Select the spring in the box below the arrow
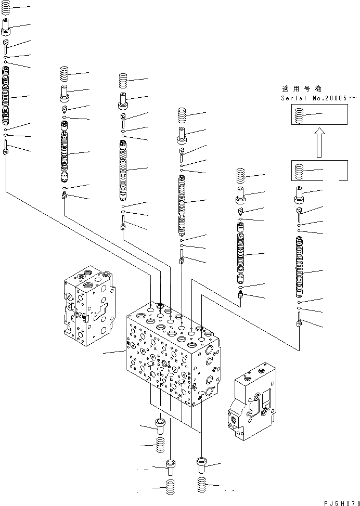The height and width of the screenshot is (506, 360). (x=299, y=171)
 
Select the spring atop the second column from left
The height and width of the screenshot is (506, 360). (x=65, y=74)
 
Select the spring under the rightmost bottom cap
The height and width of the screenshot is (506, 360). (x=202, y=486)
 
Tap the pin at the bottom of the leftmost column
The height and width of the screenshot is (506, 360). (x=6, y=149)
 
